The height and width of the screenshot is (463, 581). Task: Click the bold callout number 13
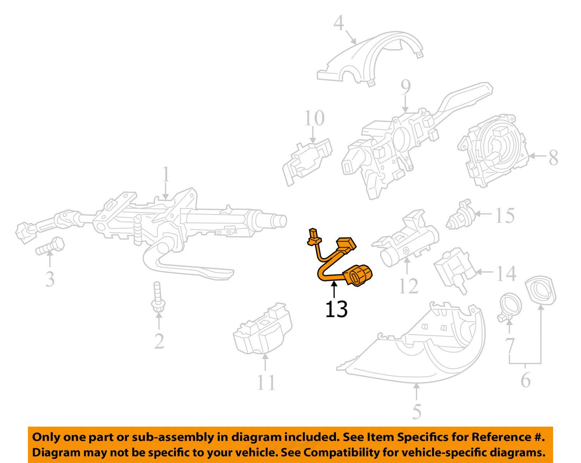(336, 309)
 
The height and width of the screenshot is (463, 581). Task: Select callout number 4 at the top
(339, 23)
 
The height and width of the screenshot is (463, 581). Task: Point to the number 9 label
(405, 88)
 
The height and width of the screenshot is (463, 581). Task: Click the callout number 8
(553, 158)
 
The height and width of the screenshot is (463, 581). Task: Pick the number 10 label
(314, 118)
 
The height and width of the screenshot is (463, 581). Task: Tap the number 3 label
(50, 279)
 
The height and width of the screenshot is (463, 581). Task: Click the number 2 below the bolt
(159, 341)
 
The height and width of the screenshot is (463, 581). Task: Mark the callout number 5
(416, 411)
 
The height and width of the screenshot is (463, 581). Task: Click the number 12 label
(408, 286)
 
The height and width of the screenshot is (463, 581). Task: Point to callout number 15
(505, 215)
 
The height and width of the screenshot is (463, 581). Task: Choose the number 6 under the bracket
(525, 380)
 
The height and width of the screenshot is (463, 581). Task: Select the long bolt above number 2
(158, 297)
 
